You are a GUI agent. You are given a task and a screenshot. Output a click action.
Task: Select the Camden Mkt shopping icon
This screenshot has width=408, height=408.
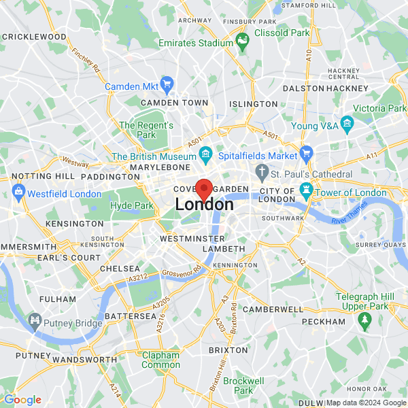[x=167, y=86]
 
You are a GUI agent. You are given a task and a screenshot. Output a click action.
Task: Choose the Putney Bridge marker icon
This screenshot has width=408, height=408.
[x=34, y=319]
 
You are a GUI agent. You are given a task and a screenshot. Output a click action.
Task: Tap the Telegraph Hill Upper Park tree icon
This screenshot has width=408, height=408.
[x=364, y=318]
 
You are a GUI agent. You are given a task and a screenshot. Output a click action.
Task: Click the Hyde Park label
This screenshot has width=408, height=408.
[x=133, y=205]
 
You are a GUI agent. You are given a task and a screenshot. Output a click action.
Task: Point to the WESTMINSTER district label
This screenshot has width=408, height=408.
[x=192, y=239]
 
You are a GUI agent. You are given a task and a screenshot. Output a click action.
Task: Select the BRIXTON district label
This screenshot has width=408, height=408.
[x=228, y=350]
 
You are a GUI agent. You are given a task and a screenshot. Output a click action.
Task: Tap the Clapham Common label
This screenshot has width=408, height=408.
[x=160, y=360]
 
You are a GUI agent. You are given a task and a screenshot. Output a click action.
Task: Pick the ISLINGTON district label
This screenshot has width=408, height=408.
[x=253, y=104]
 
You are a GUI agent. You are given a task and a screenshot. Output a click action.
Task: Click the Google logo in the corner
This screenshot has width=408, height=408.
[x=22, y=400]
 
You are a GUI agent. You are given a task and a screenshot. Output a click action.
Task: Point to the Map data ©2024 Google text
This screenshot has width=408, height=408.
[x=366, y=402]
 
